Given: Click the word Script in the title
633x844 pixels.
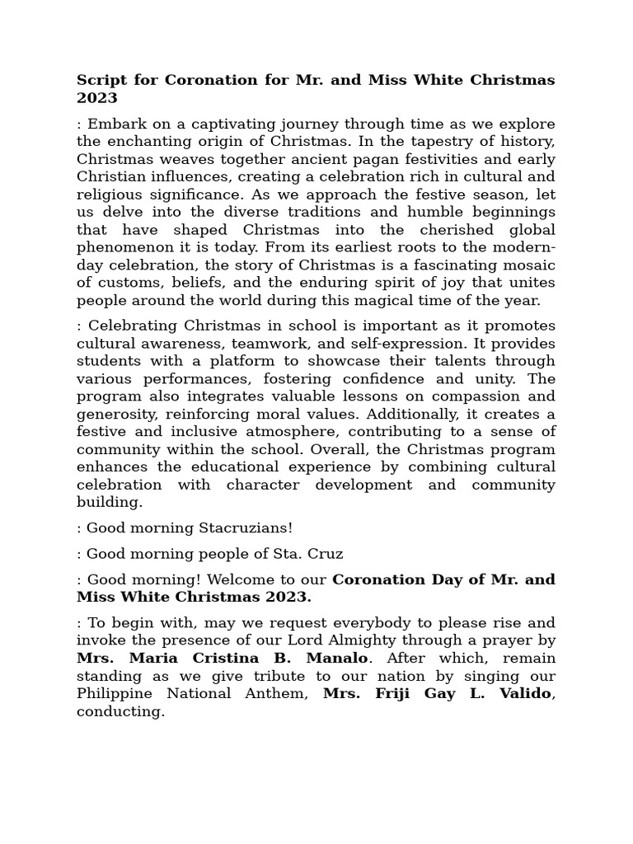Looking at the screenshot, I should (99, 80).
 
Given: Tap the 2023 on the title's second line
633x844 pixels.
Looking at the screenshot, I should (97, 98).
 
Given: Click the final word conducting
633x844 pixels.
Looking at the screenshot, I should (120, 711).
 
